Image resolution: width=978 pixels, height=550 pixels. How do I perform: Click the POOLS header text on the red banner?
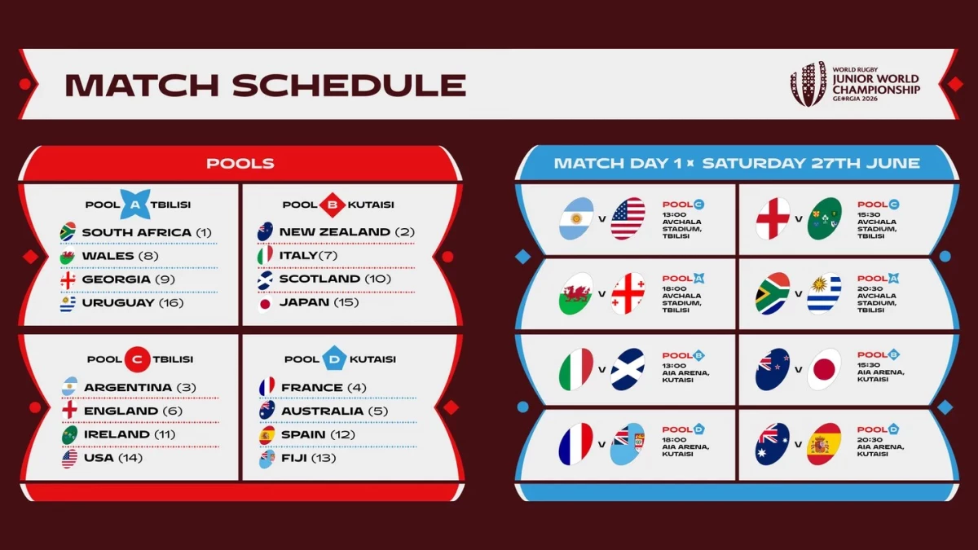pos(240,164)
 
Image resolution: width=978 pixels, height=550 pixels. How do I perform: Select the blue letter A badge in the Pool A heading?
pos(134,204)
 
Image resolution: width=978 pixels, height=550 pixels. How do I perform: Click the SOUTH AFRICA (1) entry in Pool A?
pos(136,232)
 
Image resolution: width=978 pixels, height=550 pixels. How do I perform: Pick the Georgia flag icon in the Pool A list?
pos(68,279)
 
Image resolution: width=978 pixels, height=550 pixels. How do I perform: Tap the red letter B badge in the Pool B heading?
pos(332,204)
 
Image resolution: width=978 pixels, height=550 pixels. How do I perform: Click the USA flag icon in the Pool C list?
pos(69,458)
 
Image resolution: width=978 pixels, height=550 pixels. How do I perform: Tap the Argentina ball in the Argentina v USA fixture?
pos(576,218)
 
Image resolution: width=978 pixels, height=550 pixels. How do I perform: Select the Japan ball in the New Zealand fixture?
pos(823,369)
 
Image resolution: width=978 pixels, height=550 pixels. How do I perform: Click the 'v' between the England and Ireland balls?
pos(799,218)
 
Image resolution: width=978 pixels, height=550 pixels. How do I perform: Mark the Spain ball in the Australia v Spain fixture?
pos(823,444)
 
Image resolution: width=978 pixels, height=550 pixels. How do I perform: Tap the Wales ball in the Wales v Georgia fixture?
pos(576,293)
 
